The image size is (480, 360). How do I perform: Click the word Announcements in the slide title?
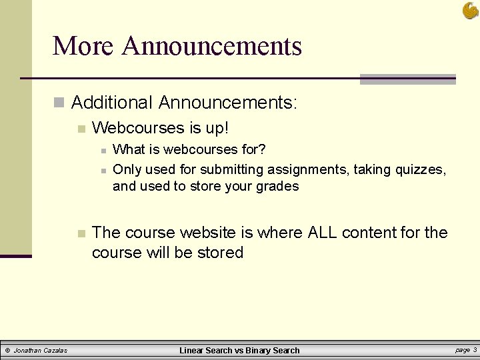coord(212,46)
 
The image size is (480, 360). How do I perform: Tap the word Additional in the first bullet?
coord(112,103)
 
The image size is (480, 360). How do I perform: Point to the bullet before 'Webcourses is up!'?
coord(81,127)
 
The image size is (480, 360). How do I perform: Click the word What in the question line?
coord(128,149)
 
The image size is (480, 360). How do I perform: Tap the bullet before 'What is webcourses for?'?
coord(103,150)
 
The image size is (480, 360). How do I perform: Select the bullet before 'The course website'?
coord(81,233)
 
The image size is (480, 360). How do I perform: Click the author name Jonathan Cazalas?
coord(40,350)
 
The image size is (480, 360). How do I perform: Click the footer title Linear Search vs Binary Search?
coord(239,350)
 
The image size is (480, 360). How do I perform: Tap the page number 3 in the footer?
coord(474,349)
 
